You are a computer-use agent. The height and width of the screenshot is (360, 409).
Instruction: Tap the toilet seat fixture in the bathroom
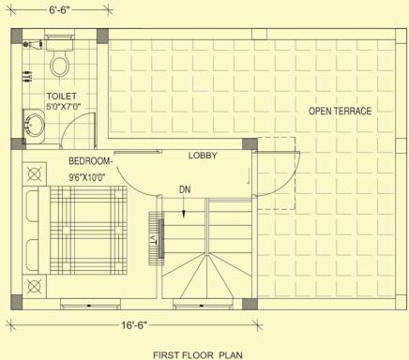point(61,64)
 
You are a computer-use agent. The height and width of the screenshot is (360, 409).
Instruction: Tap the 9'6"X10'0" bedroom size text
point(92,176)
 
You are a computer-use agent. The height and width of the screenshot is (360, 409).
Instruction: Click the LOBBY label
point(203,155)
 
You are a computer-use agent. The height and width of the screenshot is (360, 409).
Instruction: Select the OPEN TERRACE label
point(340,112)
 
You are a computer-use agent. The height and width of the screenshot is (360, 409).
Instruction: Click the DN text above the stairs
point(185,188)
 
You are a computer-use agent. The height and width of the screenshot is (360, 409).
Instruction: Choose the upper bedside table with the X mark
point(36,173)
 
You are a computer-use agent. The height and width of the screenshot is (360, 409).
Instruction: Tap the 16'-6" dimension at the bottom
point(130,326)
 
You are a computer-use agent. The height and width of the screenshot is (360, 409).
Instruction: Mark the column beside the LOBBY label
point(250,147)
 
